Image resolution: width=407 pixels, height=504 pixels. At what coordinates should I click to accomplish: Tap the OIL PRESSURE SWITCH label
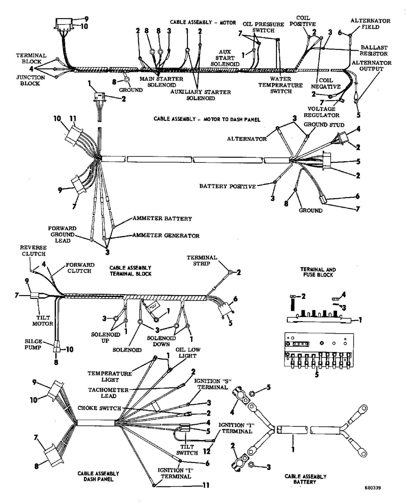click(x=263, y=27)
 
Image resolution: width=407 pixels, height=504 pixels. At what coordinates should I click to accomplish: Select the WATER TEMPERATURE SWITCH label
click(x=280, y=85)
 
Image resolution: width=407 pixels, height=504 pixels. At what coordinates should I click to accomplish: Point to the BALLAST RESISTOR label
click(x=374, y=50)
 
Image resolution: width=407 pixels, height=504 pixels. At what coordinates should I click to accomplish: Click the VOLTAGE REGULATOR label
click(x=321, y=112)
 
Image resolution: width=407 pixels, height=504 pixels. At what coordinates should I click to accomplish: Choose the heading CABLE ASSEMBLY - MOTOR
click(x=203, y=22)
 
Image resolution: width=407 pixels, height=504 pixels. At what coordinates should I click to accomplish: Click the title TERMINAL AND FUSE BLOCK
click(x=318, y=272)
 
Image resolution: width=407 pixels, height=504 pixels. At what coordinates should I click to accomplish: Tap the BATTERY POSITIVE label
click(x=227, y=186)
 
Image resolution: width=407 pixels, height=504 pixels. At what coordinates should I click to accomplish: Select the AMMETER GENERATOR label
click(x=166, y=236)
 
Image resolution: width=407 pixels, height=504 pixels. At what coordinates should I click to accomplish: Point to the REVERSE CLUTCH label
click(x=33, y=251)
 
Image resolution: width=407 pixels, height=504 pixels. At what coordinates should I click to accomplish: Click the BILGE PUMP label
click(x=33, y=344)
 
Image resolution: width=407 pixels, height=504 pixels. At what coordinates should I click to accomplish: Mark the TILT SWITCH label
click(x=187, y=450)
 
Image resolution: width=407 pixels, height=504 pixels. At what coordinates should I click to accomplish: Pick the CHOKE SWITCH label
click(x=99, y=408)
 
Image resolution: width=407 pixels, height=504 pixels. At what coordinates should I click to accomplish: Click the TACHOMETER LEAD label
click(x=108, y=393)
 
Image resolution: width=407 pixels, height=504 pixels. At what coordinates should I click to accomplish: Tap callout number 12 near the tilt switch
click(x=207, y=451)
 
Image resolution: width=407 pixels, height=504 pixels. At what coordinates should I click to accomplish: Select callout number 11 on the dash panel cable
click(x=206, y=485)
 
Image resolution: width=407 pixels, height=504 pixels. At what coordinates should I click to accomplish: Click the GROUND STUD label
click(x=324, y=125)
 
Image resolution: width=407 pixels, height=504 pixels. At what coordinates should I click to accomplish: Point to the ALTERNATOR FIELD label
click(x=370, y=24)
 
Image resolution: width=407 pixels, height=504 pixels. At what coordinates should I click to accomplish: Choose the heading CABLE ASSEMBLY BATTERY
click(x=305, y=479)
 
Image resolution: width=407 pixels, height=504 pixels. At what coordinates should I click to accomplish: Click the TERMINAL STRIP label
click(x=202, y=260)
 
